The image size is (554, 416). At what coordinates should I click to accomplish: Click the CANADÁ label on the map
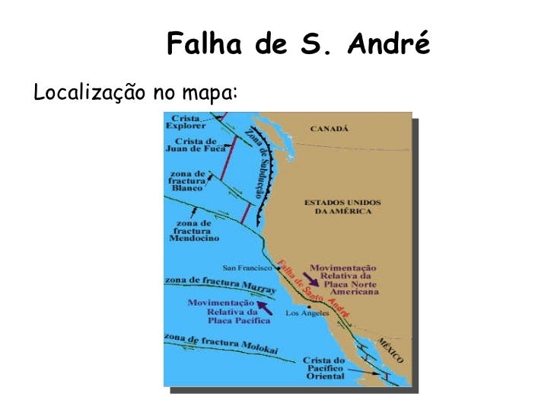(x=330, y=129)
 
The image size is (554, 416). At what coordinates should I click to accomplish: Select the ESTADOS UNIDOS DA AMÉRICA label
(x=342, y=206)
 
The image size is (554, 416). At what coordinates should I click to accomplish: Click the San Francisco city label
(x=247, y=267)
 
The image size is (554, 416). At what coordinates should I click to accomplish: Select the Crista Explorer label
(x=188, y=122)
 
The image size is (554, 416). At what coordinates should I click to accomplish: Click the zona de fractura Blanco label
(x=188, y=181)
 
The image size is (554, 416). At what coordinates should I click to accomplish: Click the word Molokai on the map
(x=259, y=347)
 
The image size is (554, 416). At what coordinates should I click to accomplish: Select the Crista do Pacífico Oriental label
(x=325, y=368)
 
